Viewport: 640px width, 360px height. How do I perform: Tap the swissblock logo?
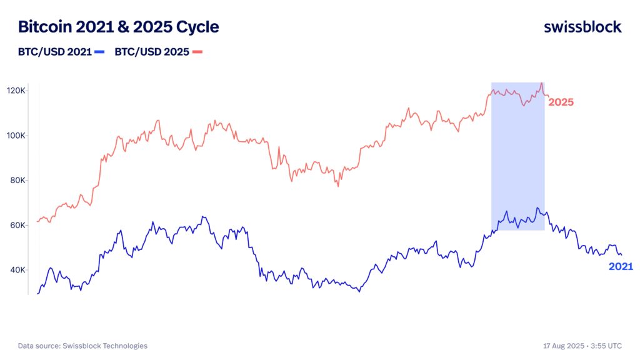point(582,27)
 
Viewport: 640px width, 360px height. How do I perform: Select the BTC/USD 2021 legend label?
point(54,52)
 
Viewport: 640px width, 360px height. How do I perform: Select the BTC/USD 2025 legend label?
point(152,52)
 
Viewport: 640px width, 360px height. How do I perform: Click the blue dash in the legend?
point(99,52)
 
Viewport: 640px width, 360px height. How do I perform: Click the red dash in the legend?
point(197,52)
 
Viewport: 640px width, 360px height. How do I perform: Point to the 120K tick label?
point(16,91)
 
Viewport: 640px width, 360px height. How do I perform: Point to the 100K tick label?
point(16,136)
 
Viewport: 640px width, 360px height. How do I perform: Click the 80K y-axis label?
point(17,181)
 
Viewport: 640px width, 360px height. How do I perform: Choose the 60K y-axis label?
point(17,225)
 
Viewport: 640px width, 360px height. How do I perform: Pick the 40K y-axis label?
point(17,270)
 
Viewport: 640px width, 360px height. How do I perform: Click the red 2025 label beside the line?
point(561,102)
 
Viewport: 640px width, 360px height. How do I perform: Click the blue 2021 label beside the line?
point(621,267)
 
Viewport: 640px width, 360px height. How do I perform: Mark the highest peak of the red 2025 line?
point(541,83)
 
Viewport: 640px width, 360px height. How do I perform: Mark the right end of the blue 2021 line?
point(621,255)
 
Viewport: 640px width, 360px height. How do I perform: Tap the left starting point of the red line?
point(37,221)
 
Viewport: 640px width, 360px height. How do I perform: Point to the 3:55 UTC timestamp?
point(607,346)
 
